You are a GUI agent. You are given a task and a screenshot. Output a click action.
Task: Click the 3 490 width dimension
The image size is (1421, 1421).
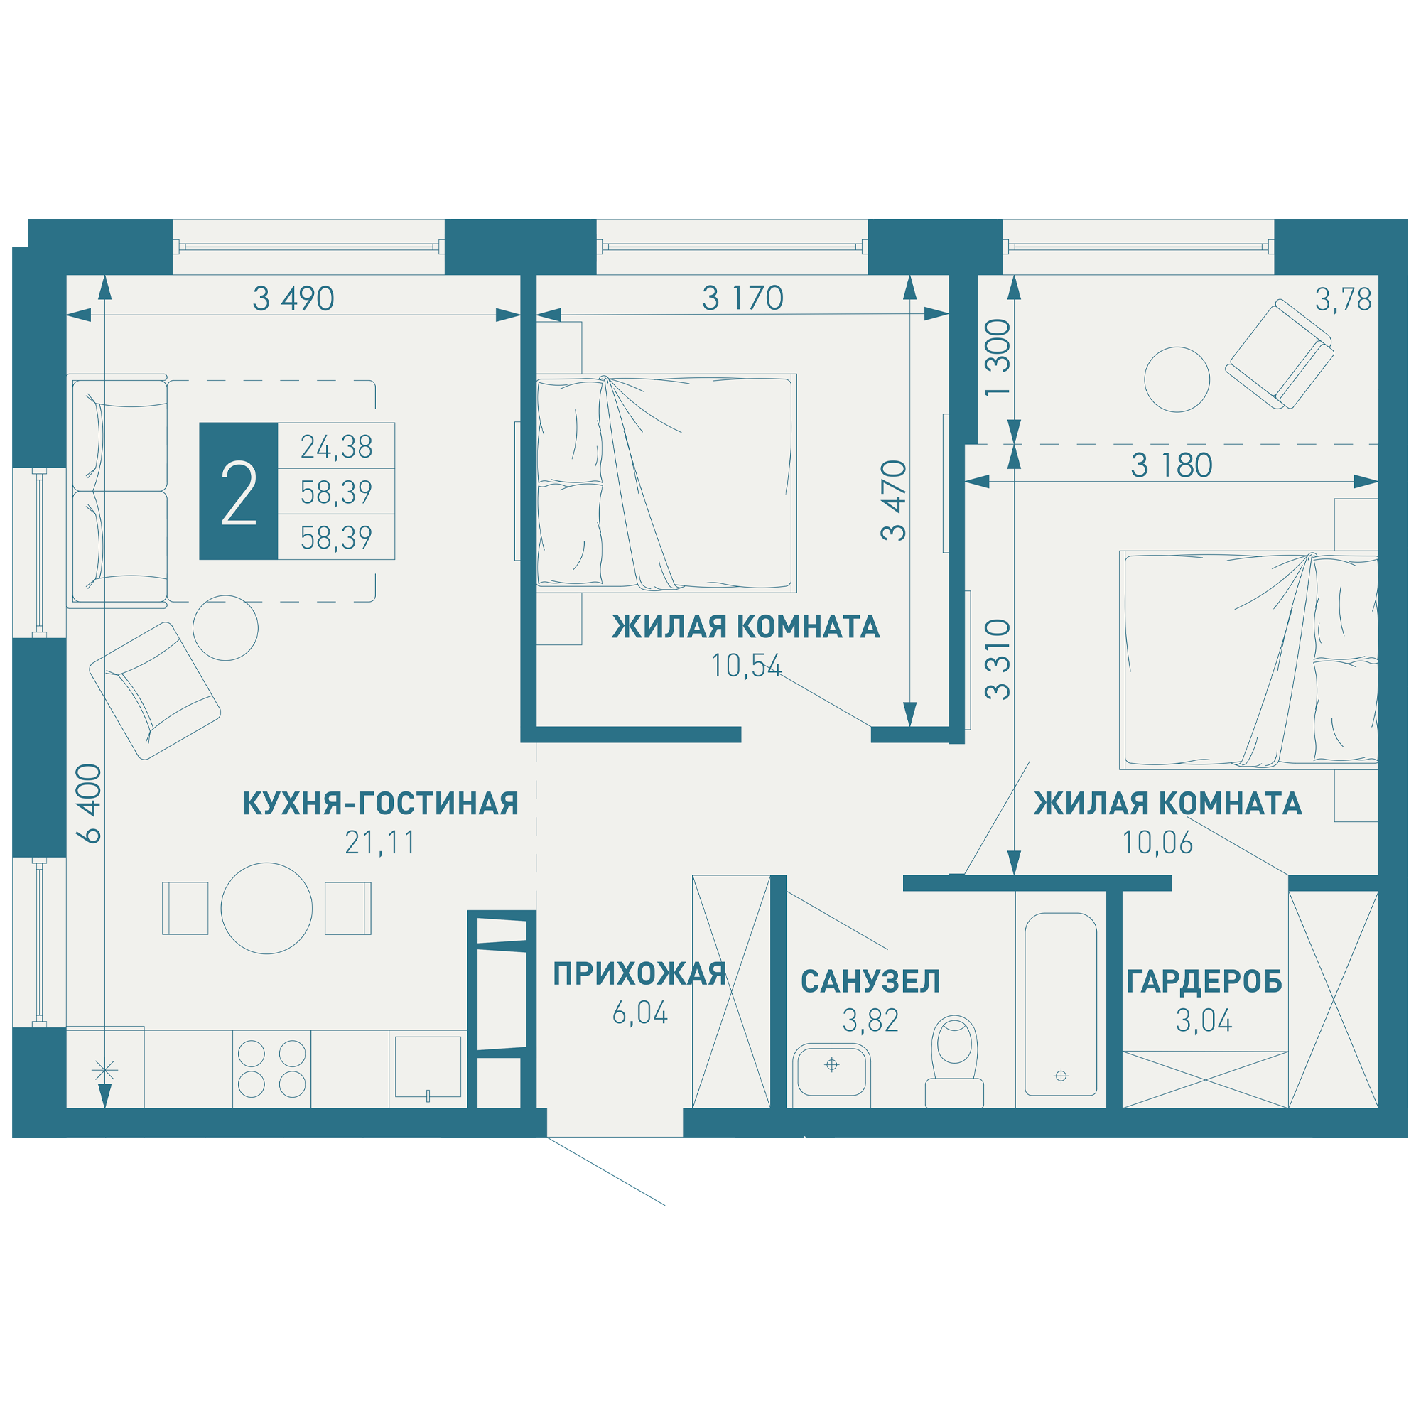pos(293,298)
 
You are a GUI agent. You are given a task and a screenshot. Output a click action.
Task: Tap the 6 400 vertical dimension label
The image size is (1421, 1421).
pos(90,803)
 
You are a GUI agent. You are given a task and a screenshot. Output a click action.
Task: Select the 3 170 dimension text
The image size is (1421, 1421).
pos(742,298)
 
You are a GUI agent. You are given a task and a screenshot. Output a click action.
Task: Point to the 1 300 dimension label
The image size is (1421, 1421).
pos(998,357)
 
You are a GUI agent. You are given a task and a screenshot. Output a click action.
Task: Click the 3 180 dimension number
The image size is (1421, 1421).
pos(1172,465)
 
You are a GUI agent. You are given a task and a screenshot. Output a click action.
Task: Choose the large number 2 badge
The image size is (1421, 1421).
pos(238,492)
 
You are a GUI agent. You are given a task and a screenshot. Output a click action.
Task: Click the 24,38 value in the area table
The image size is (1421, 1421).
pos(336,446)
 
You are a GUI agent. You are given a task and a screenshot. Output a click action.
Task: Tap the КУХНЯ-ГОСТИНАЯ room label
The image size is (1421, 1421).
pos(381,804)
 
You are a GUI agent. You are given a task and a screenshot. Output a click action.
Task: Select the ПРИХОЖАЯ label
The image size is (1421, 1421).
pos(640,974)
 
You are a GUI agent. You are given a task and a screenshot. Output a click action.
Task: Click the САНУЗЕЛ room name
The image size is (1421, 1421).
pos(871,982)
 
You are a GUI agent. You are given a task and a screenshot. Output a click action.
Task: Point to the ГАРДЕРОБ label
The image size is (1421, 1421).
pos(1204,982)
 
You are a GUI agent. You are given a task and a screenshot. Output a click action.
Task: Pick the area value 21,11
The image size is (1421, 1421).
pos(380,843)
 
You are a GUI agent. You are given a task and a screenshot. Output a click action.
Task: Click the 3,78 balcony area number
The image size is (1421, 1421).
pos(1343,300)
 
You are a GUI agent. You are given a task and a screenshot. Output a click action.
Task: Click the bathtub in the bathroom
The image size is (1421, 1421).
pos(1061,1004)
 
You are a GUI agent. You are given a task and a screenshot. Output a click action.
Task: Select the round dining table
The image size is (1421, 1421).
pos(266,908)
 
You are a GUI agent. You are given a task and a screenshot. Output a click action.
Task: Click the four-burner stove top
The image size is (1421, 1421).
pos(272,1069)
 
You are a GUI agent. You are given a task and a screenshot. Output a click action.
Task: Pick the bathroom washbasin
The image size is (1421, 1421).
pos(832,1075)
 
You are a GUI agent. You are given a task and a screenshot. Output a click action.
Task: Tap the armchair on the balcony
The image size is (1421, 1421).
pos(1280,355)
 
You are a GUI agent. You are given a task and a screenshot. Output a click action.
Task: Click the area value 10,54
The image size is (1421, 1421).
pos(746,666)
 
